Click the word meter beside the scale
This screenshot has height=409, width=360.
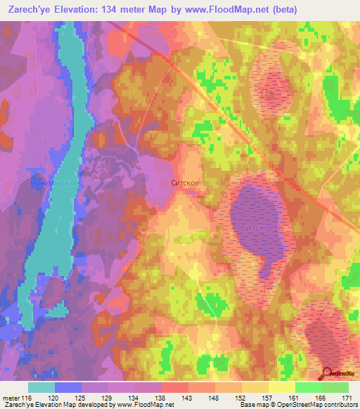tap(11, 398)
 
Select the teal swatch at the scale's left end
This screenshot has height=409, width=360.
tap(41, 387)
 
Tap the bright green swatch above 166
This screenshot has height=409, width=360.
tap(308, 387)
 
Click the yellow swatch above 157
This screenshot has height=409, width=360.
tap(255, 387)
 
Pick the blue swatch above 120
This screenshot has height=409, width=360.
tap(68, 387)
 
